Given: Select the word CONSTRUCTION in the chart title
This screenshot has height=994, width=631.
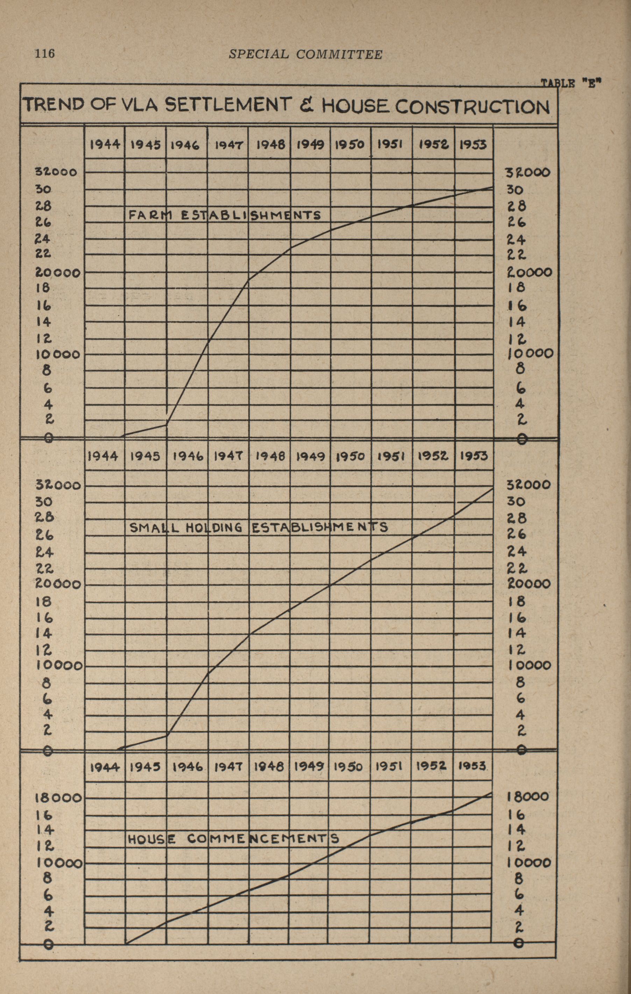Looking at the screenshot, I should (x=472, y=107).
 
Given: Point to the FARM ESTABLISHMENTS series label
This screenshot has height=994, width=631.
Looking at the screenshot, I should (x=225, y=215).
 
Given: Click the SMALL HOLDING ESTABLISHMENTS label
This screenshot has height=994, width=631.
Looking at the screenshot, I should (x=259, y=527).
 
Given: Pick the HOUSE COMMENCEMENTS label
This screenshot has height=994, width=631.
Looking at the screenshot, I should (x=233, y=839).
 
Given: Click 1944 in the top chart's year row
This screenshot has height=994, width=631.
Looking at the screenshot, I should (x=105, y=144).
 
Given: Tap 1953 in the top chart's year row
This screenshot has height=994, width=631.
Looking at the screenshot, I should (x=473, y=144).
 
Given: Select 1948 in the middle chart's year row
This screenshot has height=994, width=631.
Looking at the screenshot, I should (x=270, y=456).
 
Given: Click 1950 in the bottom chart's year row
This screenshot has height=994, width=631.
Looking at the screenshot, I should (x=348, y=767).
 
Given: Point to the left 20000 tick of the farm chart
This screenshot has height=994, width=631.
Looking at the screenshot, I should (x=57, y=272).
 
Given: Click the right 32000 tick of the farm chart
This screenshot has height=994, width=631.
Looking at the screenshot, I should (x=528, y=172).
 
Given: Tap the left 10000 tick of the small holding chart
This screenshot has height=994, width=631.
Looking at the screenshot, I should (x=60, y=666).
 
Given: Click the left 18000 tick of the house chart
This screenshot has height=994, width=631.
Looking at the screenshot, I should (x=58, y=797).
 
